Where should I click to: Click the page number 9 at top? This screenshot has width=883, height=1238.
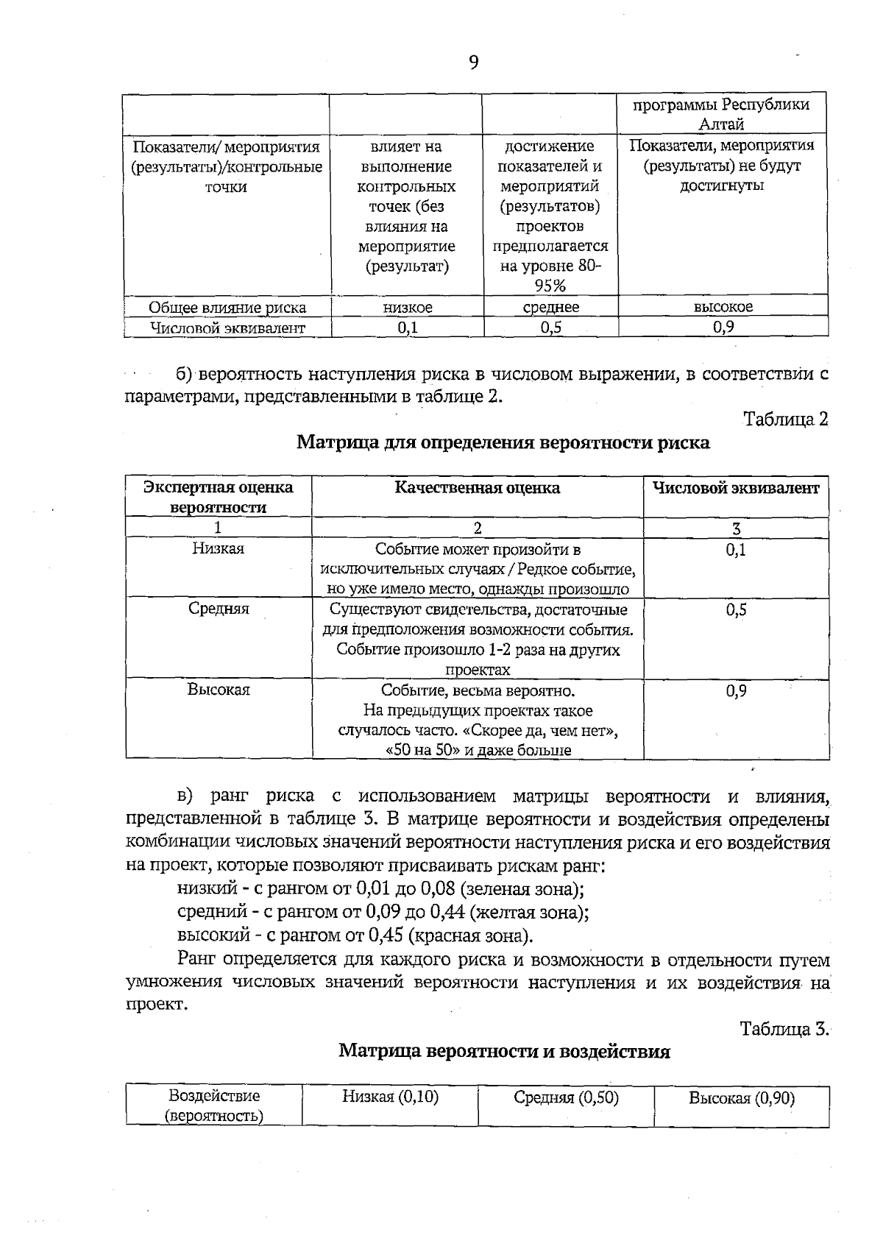pos(473,63)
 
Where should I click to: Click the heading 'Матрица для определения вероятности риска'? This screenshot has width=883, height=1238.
pos(503,442)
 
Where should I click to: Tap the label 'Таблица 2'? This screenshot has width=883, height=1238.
pos(785,419)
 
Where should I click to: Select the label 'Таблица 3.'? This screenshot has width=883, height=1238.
pos(784,1028)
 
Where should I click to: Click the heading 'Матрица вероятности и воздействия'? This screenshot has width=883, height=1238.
pos(504,1050)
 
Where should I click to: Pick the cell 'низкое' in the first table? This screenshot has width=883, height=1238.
pos(407,307)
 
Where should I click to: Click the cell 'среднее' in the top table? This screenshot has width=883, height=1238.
pos(550,307)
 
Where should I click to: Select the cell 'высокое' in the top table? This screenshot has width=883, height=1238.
pos(723,307)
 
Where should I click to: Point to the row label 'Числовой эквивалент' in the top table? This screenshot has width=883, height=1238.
pos(227,328)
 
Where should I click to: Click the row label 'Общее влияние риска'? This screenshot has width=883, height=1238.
pos(227,307)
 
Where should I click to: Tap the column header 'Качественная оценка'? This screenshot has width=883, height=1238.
pos(477,487)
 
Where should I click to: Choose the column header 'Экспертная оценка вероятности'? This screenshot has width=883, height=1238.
pos(218,497)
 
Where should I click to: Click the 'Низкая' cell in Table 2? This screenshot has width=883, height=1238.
pos(218,548)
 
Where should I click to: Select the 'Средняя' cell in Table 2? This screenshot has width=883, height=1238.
pos(218,609)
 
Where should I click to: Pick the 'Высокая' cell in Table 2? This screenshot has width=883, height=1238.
pos(218,690)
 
